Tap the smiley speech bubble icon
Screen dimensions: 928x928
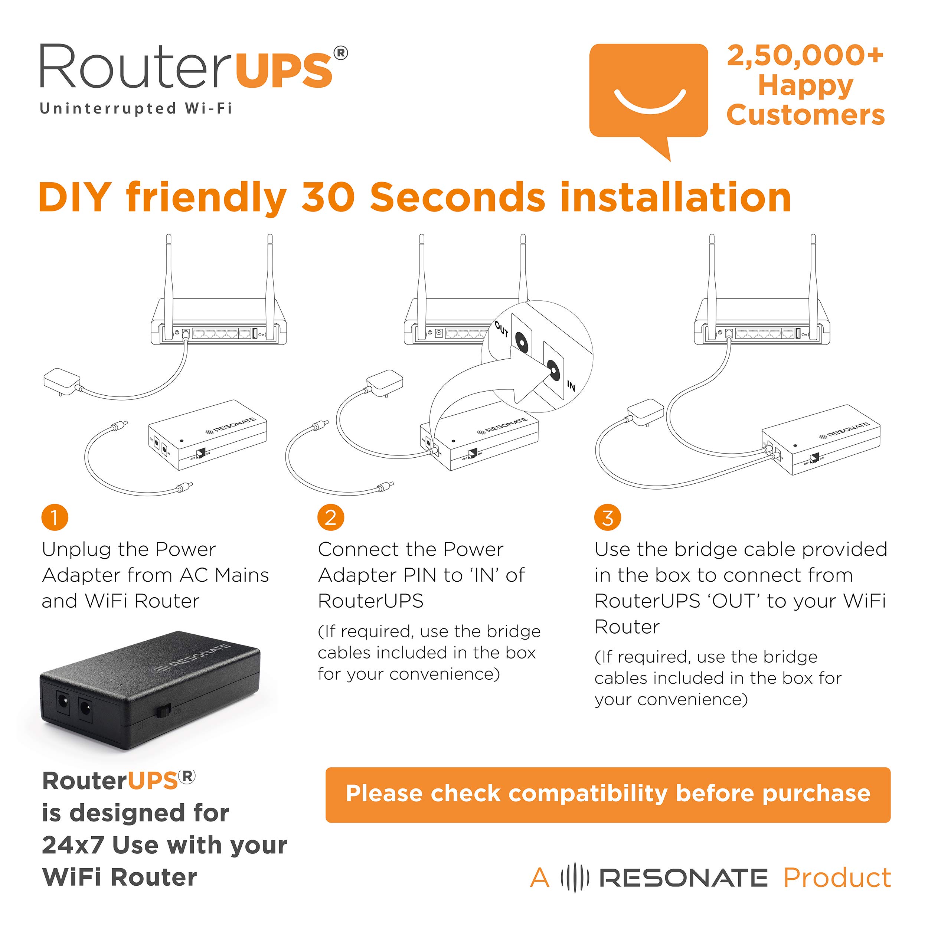click(648, 91)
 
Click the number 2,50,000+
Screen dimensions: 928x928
click(805, 56)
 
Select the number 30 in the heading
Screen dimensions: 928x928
click(328, 198)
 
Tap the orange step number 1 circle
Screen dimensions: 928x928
click(55, 517)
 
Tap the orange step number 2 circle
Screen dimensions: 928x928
click(330, 517)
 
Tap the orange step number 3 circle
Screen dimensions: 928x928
click(607, 517)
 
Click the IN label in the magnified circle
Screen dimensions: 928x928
click(571, 386)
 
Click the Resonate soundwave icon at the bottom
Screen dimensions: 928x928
click(575, 878)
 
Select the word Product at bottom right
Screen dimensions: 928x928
click(837, 878)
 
